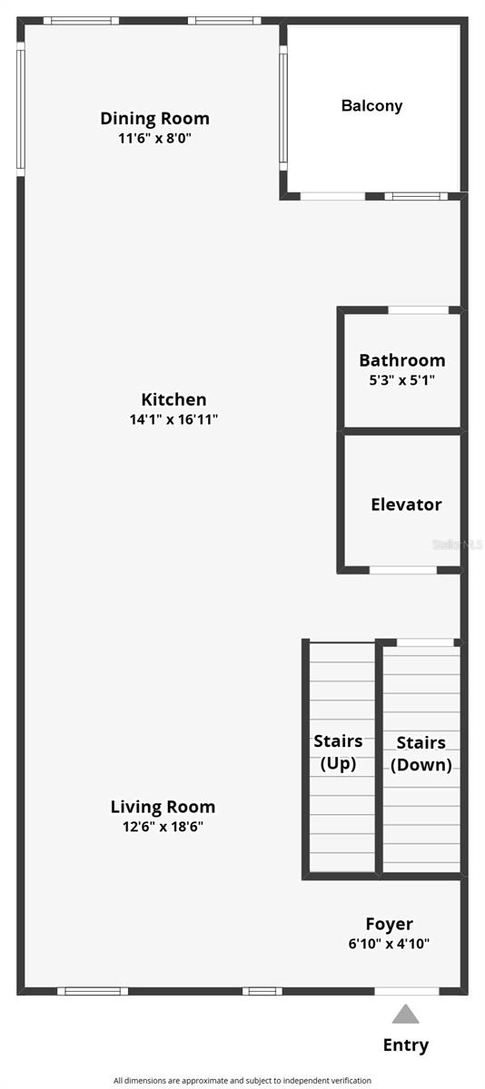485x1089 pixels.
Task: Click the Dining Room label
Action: coord(154,118)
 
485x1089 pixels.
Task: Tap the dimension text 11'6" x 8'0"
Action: coord(154,138)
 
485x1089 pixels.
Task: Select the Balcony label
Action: coord(371,105)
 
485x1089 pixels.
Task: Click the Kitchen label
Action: coord(173,399)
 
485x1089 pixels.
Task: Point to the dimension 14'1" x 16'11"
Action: coord(173,419)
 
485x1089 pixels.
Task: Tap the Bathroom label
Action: coord(401,360)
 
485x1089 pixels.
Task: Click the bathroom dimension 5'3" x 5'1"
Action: coord(401,380)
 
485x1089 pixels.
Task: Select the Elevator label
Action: coord(406,505)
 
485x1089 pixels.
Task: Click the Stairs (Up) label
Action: coord(338,752)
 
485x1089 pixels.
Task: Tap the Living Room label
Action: coord(163,807)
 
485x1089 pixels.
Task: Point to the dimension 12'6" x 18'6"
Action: coord(163,827)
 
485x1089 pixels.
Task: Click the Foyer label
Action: coord(389,924)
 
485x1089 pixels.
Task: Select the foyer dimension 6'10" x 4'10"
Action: coord(389,944)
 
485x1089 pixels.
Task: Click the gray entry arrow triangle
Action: coord(406,1014)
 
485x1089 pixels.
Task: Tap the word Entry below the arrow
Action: coord(406,1045)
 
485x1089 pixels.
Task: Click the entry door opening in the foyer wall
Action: coord(406,991)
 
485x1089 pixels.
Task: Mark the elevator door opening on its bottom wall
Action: coord(402,570)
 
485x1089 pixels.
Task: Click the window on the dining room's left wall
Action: coord(20,109)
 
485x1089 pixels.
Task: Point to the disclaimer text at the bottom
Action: coord(242,1080)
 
